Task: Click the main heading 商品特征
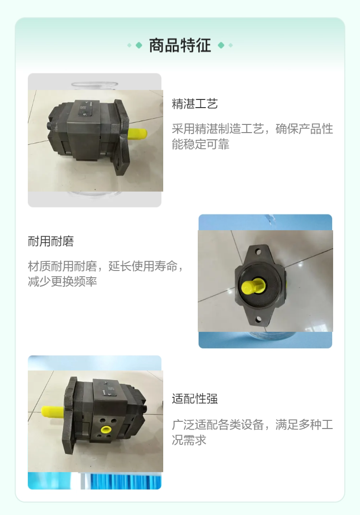coord(180,45)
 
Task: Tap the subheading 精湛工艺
coord(194,104)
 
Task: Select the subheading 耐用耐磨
coord(51,241)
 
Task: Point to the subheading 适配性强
coord(194,399)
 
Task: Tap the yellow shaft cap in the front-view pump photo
coord(252,286)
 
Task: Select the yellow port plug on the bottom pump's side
coord(106,429)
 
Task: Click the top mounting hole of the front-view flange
coord(258,252)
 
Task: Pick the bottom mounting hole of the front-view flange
coord(258,319)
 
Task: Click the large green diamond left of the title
coord(139,45)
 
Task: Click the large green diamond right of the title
coord(221,45)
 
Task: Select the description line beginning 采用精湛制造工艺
coord(252,129)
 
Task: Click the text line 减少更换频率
coord(62,282)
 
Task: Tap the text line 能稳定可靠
coord(201,144)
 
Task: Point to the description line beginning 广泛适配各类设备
coord(252,424)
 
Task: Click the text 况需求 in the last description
coord(189,440)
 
